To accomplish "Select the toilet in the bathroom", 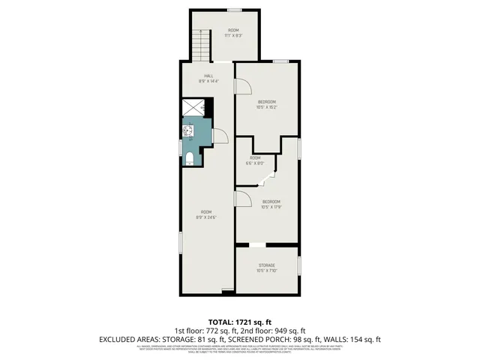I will tap(190, 157).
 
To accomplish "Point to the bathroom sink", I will tap(187, 132).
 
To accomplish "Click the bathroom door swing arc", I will tap(220, 136).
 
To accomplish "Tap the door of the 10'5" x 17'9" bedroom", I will tap(242, 198).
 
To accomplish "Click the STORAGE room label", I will tap(267, 265).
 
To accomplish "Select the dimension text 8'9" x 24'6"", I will tap(205, 217).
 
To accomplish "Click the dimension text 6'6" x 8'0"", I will tap(255, 163).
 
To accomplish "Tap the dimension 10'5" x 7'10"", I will tap(267, 271).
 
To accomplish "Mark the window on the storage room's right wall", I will tap(298, 265).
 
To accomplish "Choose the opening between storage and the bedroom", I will tap(257, 245).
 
